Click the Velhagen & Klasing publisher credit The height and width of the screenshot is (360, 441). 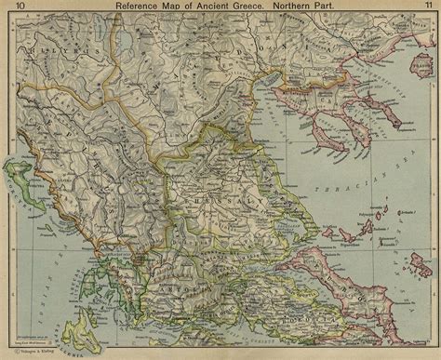point(37,351)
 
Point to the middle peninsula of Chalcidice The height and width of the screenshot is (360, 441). point(333,130)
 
